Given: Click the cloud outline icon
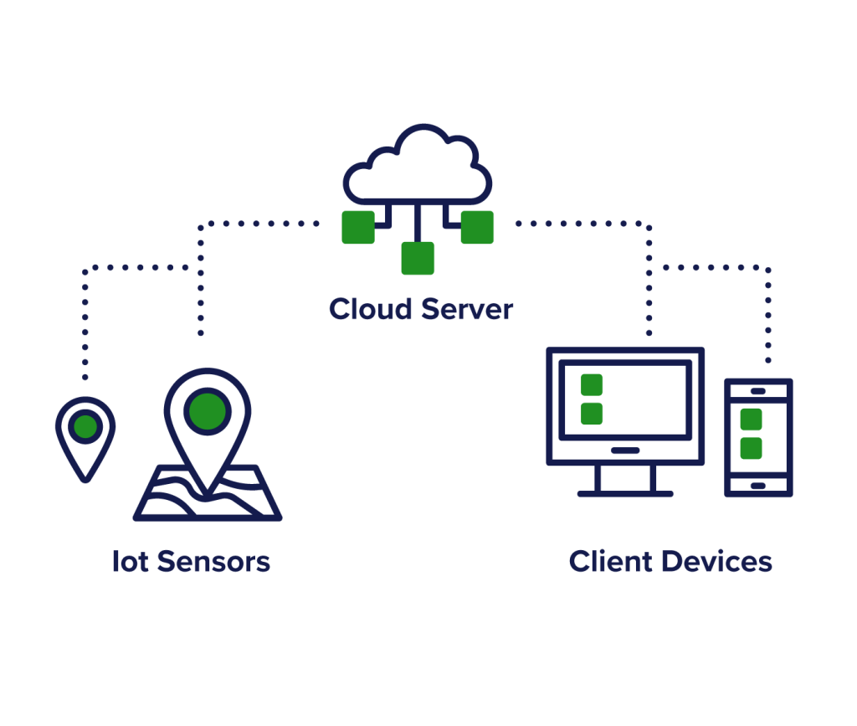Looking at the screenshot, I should pos(418,167).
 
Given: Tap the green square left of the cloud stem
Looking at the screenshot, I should pos(358,227).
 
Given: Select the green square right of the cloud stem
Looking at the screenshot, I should pos(477,227).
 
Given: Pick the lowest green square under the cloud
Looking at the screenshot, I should pos(418,258).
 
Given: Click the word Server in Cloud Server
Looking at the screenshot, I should pos(467,309).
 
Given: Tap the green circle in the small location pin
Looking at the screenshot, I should pos(85,427).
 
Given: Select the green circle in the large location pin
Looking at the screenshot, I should pos(208,410).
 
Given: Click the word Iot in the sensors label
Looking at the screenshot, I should pos(131,561).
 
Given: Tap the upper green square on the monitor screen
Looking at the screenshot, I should pos(592,384).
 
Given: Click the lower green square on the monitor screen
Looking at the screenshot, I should pos(592,414).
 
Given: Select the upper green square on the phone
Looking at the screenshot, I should pos(752,420).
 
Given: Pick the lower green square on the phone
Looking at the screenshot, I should pos(752,448).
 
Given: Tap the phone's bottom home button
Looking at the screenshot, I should pos(758,486).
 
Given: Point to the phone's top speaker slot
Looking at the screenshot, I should pos(758,391).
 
